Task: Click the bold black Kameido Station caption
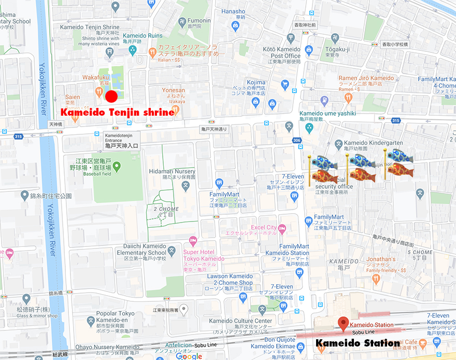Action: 358,343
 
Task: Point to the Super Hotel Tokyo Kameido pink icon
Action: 193,241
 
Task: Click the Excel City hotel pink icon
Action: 282,228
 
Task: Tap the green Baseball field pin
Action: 117,167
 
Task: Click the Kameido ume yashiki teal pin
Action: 309,127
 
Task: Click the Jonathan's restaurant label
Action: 381,259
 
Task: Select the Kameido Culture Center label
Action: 240,321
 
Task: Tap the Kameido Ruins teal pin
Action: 133,50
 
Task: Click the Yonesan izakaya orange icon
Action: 176,108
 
